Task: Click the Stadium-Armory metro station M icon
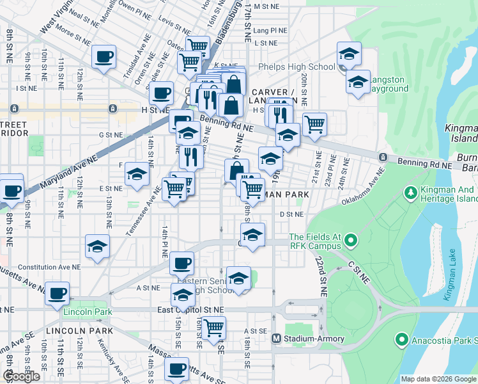(x=277, y=339)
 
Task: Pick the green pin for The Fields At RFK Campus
(x=350, y=241)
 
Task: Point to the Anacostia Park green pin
(x=401, y=339)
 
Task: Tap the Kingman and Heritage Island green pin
(x=411, y=191)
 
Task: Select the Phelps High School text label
(x=297, y=67)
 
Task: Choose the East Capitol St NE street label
(x=191, y=309)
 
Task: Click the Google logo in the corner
(x=21, y=376)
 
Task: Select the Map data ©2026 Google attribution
(x=438, y=379)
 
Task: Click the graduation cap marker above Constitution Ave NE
(x=97, y=246)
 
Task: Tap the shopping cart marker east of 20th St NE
(x=314, y=125)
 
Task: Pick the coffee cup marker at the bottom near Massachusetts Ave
(x=177, y=369)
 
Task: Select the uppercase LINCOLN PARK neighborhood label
(x=79, y=331)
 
